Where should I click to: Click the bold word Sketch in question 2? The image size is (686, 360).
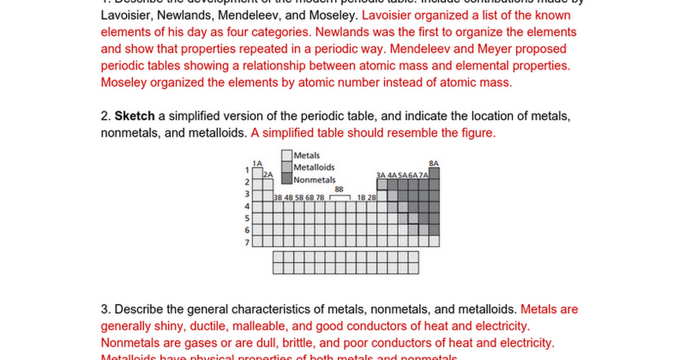(135, 116)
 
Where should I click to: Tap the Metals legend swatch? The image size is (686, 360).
(286, 155)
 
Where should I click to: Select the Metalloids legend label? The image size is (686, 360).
(314, 167)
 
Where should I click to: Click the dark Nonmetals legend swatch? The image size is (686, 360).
(286, 179)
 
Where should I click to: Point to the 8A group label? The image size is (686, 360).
(434, 163)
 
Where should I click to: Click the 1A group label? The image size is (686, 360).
(257, 163)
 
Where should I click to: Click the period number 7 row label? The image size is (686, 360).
(247, 242)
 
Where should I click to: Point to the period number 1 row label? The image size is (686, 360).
(247, 170)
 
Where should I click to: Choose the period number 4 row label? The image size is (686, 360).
(247, 206)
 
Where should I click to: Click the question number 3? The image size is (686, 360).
(105, 310)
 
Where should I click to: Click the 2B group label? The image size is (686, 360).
(372, 198)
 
